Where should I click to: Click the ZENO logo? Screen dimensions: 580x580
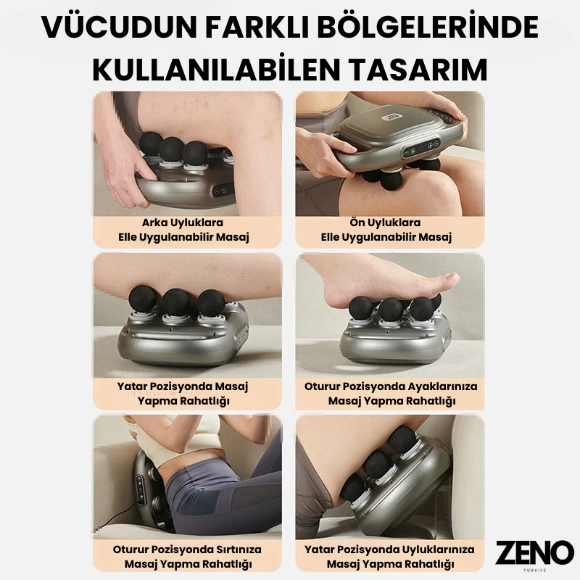tap(534, 552)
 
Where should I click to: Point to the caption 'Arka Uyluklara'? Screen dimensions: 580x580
tap(183, 223)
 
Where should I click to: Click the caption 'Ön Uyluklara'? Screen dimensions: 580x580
tap(385, 223)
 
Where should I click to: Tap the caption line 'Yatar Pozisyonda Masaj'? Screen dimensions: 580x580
tap(183, 386)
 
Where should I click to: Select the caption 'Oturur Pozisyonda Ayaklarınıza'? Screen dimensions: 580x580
tap(391, 386)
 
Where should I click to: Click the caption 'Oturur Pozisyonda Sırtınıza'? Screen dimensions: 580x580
tap(187, 550)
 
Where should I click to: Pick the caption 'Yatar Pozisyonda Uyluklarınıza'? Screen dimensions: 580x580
tap(389, 550)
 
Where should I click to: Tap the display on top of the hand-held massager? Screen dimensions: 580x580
tap(391, 117)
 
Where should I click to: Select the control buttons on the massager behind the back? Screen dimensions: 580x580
tap(140, 489)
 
